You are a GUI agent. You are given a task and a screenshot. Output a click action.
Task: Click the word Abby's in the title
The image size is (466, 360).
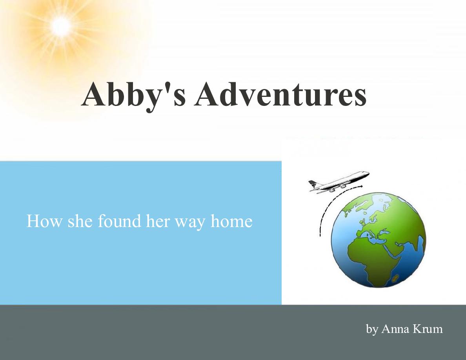click(x=133, y=95)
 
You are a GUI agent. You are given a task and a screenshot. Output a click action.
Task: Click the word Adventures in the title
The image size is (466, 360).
click(x=280, y=95)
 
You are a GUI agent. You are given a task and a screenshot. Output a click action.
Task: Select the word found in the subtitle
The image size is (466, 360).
click(x=119, y=221)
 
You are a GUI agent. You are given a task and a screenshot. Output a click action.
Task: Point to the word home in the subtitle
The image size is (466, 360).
click(x=231, y=221)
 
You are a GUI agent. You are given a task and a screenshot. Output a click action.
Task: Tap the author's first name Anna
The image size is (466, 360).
click(x=395, y=329)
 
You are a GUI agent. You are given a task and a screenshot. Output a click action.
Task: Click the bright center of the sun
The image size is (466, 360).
click(x=61, y=27)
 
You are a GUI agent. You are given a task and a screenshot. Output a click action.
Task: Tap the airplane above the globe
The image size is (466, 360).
click(x=339, y=182)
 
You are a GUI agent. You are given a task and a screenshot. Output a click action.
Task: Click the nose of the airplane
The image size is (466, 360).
click(x=367, y=173)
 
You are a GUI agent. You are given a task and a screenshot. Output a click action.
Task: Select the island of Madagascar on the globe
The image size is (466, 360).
click(x=396, y=279)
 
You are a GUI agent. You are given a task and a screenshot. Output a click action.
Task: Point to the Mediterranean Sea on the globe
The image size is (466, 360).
click(x=375, y=236)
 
